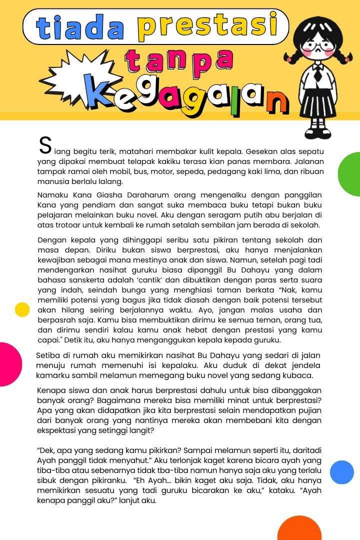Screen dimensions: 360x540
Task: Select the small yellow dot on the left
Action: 22,309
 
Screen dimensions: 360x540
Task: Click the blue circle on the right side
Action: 342,472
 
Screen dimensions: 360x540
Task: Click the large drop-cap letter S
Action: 45,145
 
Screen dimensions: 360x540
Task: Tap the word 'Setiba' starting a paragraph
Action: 48,355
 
